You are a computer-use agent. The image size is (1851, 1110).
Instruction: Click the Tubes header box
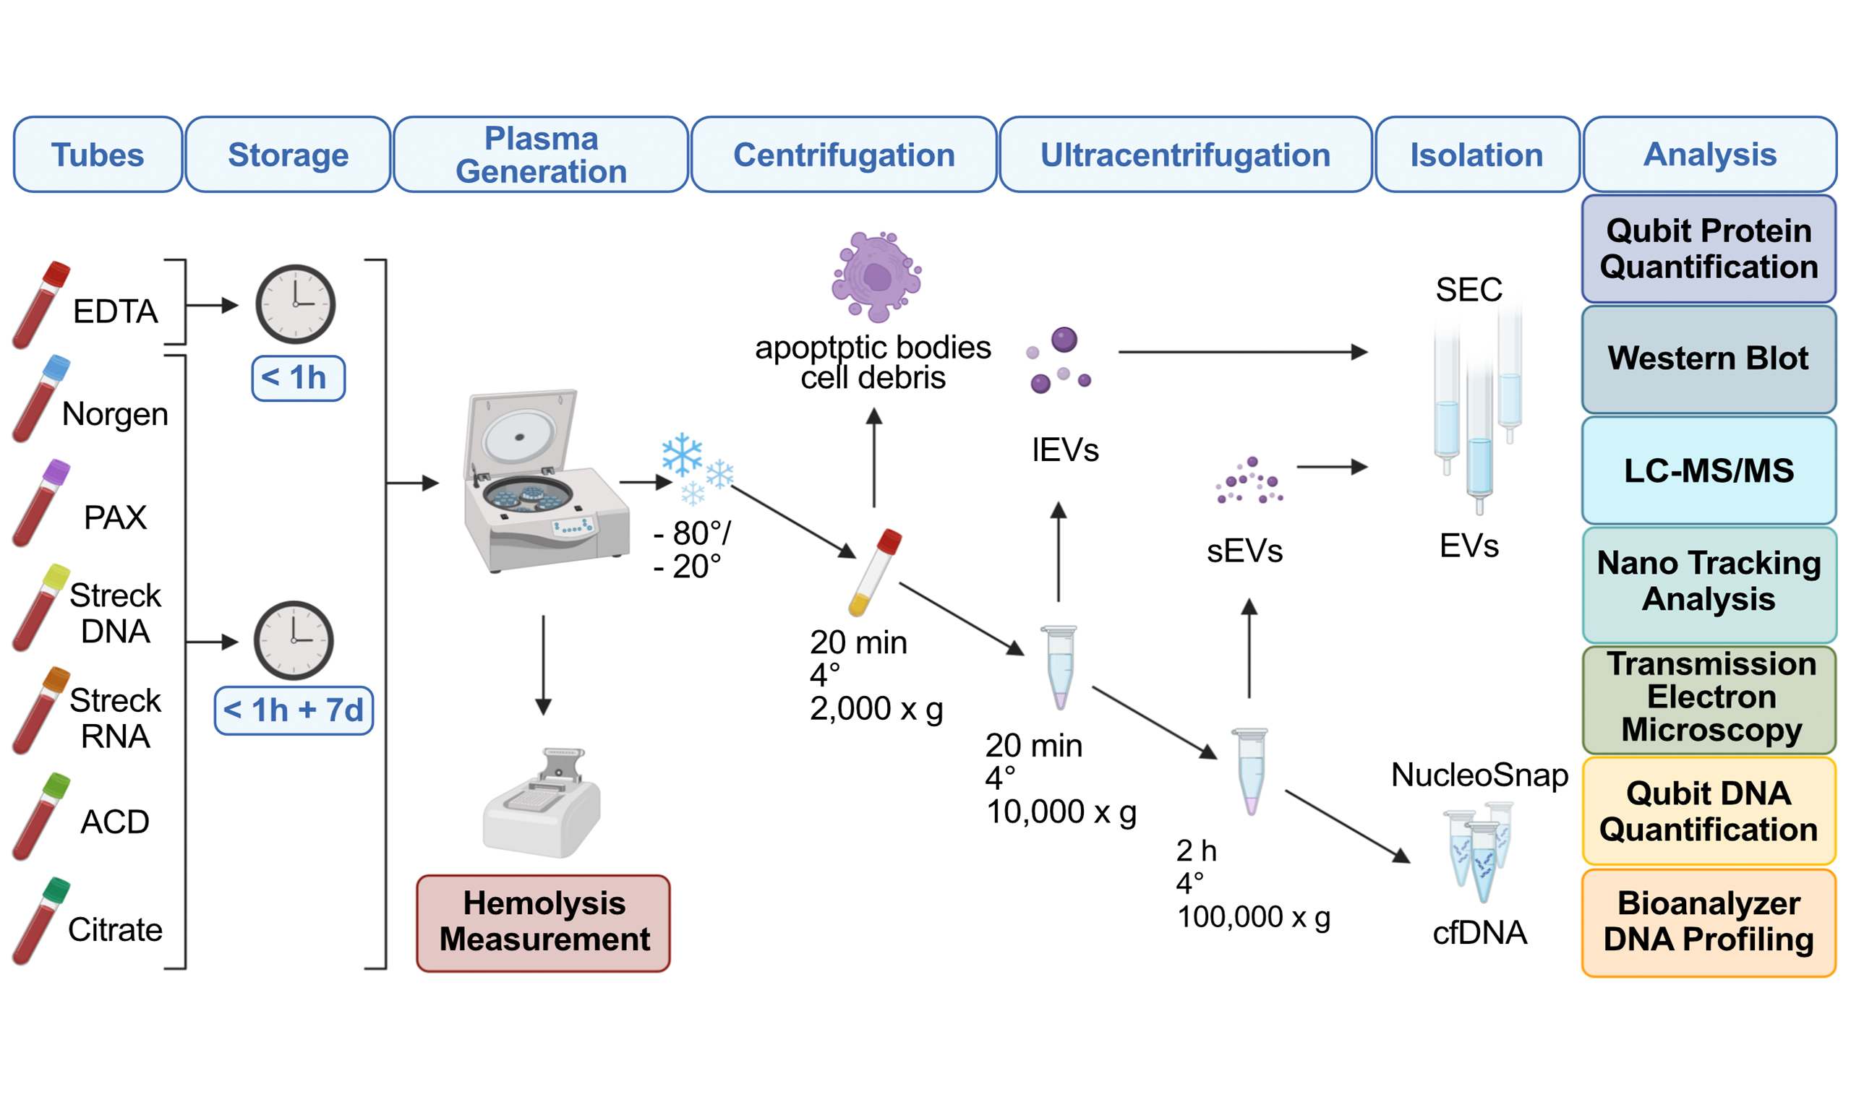(x=98, y=155)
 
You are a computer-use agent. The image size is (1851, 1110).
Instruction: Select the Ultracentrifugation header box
(x=1185, y=155)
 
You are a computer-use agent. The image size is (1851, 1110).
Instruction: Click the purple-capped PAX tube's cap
(x=57, y=472)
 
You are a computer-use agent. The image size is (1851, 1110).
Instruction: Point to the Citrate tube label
(x=115, y=930)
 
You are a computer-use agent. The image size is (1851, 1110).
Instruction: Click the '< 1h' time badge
(x=298, y=379)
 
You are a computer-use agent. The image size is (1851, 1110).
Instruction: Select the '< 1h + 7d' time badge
(x=294, y=710)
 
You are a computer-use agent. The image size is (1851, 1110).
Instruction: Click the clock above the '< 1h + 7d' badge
(x=294, y=640)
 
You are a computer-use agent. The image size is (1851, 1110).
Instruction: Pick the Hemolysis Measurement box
(x=543, y=922)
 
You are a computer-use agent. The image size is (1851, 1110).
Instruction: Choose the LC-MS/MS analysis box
(x=1708, y=470)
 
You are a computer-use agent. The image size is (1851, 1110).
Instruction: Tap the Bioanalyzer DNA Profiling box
(x=1708, y=922)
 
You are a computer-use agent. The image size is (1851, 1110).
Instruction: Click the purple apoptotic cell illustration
(x=876, y=276)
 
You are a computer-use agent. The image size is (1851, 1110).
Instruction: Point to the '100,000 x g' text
(x=1254, y=917)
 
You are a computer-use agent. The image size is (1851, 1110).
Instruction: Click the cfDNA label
(x=1479, y=933)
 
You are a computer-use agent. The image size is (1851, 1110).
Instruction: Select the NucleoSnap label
(x=1479, y=775)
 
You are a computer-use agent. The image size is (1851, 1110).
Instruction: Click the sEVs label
(x=1244, y=551)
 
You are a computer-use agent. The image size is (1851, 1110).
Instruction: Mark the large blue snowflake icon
(x=682, y=454)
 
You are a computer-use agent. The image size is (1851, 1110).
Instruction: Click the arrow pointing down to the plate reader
(x=544, y=666)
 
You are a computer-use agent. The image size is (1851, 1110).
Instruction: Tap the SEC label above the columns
(x=1468, y=290)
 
